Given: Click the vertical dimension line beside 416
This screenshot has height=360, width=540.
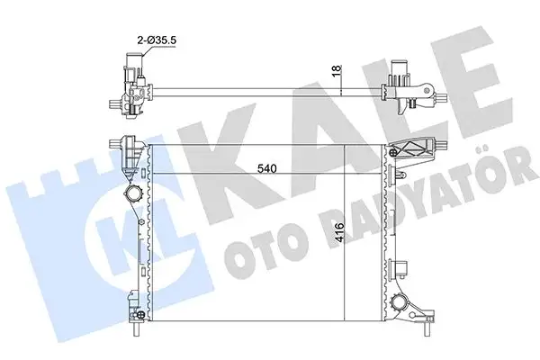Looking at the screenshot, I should [x=348, y=234].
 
